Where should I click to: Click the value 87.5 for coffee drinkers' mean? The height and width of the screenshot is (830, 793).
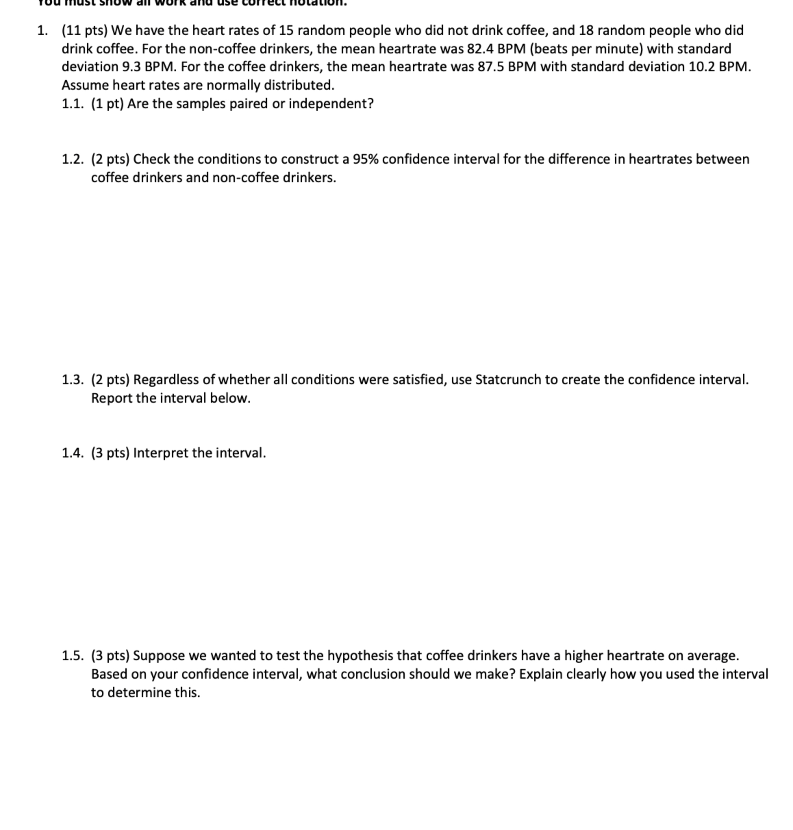point(491,67)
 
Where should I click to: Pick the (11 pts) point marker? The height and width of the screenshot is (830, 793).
point(85,31)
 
